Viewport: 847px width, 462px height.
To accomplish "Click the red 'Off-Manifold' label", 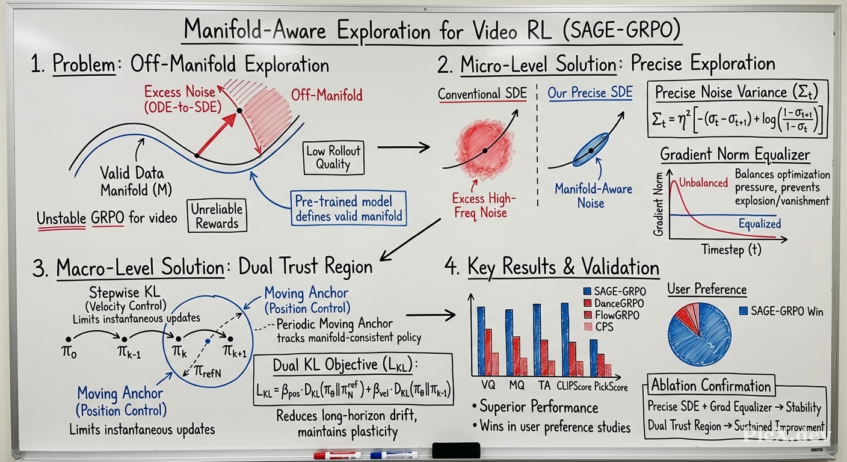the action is [x=326, y=95].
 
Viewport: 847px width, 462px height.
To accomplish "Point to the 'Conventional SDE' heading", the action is [x=482, y=94].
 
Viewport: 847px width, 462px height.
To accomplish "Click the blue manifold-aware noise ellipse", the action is [x=591, y=150].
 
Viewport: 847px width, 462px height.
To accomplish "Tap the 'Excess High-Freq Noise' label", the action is [x=483, y=205].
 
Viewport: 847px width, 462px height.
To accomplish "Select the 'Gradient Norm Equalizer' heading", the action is [x=735, y=155].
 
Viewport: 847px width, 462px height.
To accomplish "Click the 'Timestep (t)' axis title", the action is [x=731, y=249].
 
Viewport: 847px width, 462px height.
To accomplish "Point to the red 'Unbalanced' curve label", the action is [x=703, y=183].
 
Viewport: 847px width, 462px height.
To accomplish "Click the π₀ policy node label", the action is [x=69, y=352].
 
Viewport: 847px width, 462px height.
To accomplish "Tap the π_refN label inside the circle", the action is [x=208, y=372].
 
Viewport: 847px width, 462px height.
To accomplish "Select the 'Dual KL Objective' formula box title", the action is [x=345, y=365].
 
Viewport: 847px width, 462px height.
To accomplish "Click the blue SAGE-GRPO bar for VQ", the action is [x=481, y=340].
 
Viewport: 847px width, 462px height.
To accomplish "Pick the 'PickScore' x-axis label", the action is [x=611, y=387].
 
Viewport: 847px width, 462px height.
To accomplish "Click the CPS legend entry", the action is [x=599, y=327].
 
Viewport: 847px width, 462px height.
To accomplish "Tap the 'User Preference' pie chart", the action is [x=699, y=334].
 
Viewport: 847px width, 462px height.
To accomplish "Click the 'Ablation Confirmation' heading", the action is [x=710, y=386].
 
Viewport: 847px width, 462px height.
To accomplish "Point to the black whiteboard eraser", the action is [x=456, y=451].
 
